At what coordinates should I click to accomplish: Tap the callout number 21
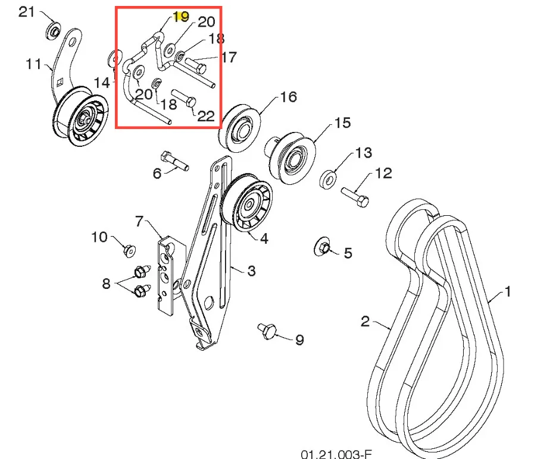[x=26, y=12]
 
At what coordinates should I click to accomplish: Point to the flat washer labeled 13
[x=328, y=180]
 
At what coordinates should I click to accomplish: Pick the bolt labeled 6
[x=174, y=161]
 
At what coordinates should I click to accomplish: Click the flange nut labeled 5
[x=322, y=247]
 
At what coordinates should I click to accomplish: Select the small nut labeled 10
[x=130, y=250]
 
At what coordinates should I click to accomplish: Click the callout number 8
[x=106, y=284]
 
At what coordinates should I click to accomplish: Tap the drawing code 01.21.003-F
[x=336, y=454]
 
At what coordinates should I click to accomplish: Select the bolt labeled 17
[x=196, y=65]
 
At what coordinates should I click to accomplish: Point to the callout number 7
[x=139, y=221]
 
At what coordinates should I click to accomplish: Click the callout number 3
[x=251, y=271]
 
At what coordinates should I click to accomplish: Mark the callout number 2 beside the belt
[x=365, y=321]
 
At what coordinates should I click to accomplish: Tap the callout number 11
[x=34, y=64]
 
